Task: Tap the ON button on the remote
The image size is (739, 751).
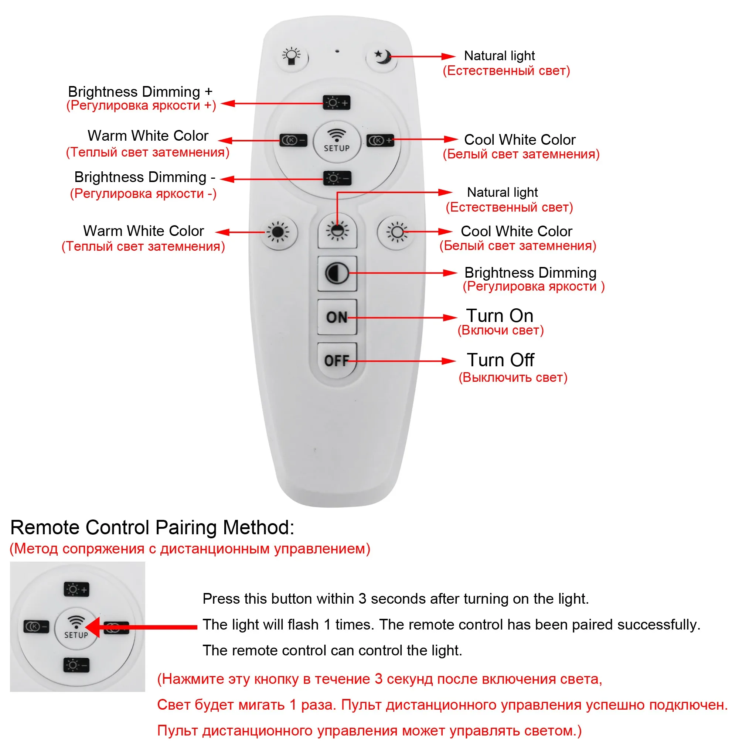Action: point(337,317)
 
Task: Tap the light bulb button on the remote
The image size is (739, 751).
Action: point(292,56)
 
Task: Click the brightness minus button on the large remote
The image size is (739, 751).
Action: point(337,178)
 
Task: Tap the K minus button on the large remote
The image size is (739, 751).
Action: point(293,140)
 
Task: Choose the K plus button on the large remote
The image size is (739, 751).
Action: point(380,140)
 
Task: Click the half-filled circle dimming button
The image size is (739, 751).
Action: point(337,273)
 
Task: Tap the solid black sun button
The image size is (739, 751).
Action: point(278,232)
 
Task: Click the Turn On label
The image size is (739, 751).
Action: point(500,316)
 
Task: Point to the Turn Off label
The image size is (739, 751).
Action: point(500,360)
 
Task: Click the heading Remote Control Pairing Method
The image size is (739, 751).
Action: point(152,527)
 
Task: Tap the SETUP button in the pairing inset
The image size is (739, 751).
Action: point(76,627)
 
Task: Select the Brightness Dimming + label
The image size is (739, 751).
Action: point(140,92)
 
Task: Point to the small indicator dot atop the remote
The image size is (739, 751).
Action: point(337,51)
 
